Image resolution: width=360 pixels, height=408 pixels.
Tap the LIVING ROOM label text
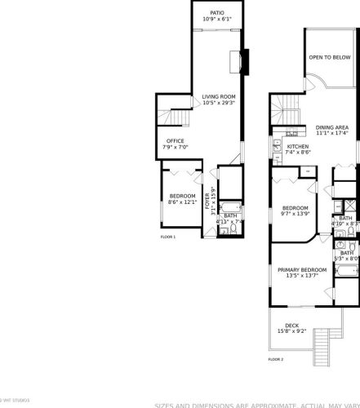(x=219, y=100)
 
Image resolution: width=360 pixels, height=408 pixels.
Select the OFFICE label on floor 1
(x=176, y=144)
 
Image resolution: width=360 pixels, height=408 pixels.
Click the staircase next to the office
(x=177, y=118)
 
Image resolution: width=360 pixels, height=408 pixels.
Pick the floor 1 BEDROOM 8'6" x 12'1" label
(x=182, y=198)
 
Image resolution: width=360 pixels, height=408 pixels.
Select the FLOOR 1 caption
(x=168, y=237)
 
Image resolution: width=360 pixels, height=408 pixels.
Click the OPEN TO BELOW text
(x=330, y=58)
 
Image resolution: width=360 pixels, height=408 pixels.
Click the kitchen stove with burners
(x=292, y=133)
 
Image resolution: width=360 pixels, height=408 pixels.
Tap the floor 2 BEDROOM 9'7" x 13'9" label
(x=295, y=211)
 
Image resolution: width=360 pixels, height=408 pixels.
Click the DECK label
(x=291, y=328)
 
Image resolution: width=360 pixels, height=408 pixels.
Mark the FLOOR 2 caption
(x=276, y=359)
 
